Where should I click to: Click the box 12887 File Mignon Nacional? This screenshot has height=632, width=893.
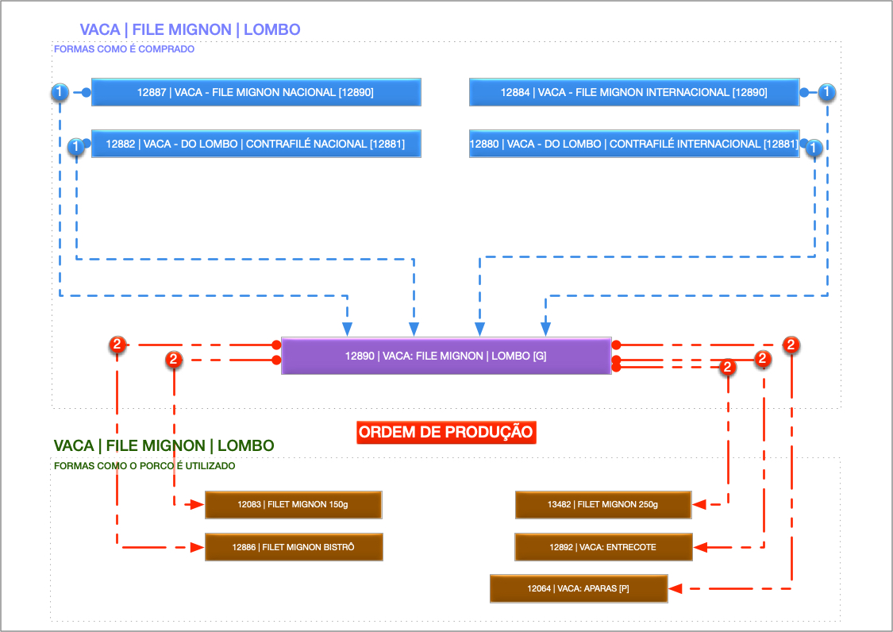click(x=256, y=92)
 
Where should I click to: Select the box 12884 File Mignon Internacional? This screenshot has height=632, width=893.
click(x=633, y=92)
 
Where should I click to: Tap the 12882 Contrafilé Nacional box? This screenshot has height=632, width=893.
click(x=256, y=144)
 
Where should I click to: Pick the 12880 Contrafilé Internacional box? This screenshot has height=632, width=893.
click(x=633, y=144)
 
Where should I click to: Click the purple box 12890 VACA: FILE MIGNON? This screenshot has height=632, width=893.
click(x=445, y=356)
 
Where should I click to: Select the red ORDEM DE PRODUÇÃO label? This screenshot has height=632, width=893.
click(x=445, y=433)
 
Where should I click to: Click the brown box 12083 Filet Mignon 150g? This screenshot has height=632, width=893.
click(x=294, y=504)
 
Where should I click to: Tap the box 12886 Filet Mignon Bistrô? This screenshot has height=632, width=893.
click(x=294, y=547)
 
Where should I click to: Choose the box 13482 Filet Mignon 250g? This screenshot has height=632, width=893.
click(x=603, y=504)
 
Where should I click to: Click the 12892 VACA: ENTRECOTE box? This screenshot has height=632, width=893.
click(x=603, y=547)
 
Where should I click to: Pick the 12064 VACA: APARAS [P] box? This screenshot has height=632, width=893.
click(x=579, y=589)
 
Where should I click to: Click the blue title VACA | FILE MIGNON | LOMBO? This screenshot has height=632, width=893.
click(x=190, y=30)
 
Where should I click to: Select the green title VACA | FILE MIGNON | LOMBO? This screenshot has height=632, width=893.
click(x=164, y=446)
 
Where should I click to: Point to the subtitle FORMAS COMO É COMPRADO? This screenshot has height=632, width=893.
click(x=124, y=49)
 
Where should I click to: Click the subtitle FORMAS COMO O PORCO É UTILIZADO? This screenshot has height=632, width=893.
click(x=144, y=466)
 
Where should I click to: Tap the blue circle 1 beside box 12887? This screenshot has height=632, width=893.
click(x=60, y=92)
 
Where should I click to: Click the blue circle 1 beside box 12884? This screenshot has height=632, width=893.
click(x=827, y=92)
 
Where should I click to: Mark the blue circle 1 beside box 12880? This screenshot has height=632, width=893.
click(x=814, y=147)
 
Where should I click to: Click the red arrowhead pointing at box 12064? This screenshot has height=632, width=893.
click(x=676, y=589)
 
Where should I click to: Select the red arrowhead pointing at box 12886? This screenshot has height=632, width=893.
click(x=198, y=547)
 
